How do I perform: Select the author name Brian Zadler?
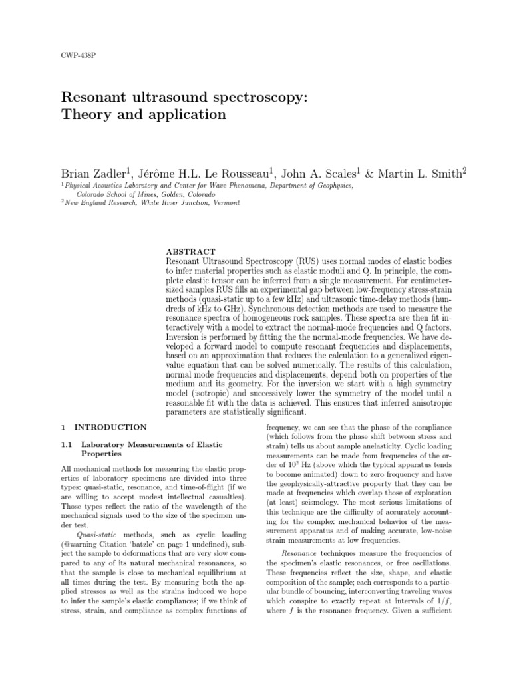point(93,174)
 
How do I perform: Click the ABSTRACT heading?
point(190,251)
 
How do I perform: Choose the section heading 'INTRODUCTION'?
point(110,426)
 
